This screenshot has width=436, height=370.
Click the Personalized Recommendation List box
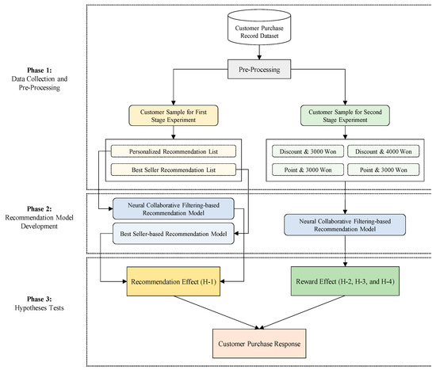point(173,151)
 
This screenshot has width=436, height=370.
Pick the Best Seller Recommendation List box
point(173,169)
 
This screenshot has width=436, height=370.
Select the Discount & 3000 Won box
point(304,151)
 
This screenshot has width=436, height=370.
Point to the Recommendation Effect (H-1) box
point(168,281)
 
